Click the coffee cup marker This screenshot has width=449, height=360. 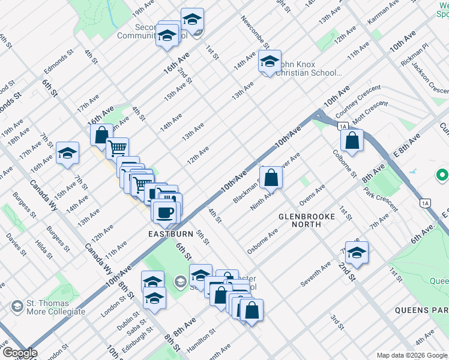(164, 212)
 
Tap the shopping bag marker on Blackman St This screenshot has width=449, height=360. (272, 178)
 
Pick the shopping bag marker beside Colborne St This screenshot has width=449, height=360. (352, 141)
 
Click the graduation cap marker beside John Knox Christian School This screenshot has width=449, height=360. (270, 62)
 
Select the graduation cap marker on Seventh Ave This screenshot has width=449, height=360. (357, 253)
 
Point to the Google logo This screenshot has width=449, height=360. (20, 353)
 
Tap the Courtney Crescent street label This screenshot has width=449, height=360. (358, 101)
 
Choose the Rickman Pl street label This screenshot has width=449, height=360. (417, 54)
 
